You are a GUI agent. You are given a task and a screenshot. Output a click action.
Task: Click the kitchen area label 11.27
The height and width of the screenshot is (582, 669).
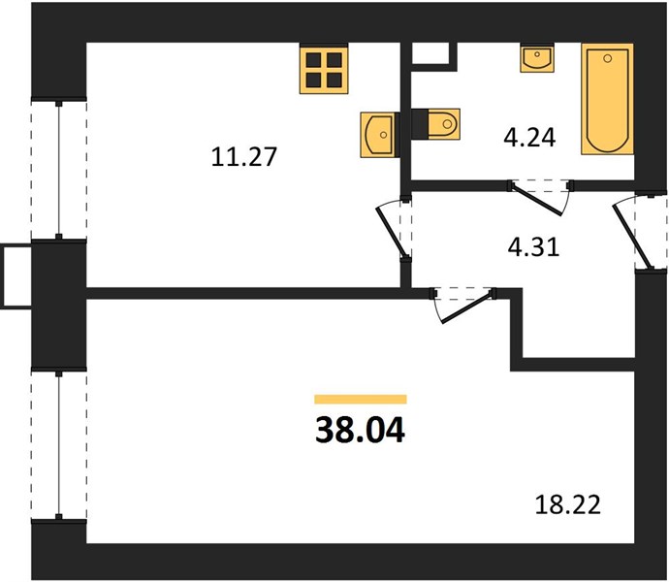click(x=244, y=156)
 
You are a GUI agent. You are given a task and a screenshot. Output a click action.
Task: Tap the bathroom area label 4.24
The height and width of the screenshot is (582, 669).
click(x=529, y=138)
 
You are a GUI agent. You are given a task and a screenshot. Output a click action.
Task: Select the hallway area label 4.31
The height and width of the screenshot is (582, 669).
click(x=533, y=246)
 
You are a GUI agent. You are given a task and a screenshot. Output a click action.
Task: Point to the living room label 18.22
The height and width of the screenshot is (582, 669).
click(x=567, y=504)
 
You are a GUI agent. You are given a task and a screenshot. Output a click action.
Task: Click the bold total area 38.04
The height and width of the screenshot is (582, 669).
click(x=360, y=431)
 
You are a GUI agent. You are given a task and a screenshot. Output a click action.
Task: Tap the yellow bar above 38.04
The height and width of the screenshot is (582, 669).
click(x=361, y=400)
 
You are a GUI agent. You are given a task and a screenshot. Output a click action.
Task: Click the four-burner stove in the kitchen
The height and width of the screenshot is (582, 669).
click(x=324, y=69)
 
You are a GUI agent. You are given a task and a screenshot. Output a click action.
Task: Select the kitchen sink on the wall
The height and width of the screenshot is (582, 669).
click(x=380, y=135)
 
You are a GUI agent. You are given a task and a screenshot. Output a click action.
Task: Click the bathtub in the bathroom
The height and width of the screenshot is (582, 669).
click(x=607, y=99)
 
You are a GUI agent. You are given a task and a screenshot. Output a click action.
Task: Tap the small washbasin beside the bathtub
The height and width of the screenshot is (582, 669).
click(x=537, y=58)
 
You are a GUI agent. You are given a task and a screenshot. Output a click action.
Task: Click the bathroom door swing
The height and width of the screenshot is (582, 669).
click(x=540, y=196)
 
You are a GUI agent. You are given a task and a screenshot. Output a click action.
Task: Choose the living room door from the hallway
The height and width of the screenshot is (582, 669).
click(x=463, y=305)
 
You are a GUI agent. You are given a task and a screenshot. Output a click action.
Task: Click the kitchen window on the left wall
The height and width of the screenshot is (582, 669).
click(x=59, y=170)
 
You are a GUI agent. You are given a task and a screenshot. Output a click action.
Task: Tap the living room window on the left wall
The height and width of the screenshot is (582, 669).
click(x=59, y=445)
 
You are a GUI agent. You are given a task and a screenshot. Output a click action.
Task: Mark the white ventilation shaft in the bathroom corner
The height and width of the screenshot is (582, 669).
click(x=430, y=53)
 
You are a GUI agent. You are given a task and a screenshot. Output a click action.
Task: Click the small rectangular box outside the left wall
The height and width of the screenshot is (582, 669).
click(x=16, y=275)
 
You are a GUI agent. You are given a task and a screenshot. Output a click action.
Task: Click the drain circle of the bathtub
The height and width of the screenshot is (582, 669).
click(x=608, y=58)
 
